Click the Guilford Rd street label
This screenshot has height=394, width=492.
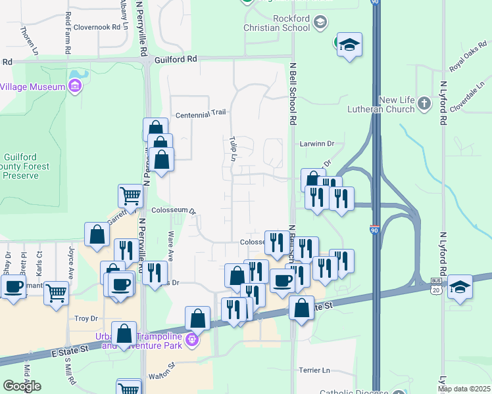(x=176, y=58)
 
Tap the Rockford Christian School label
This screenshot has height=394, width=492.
(x=277, y=23)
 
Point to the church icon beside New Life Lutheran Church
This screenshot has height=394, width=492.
(x=425, y=104)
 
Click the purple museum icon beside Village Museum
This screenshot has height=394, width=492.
(x=74, y=87)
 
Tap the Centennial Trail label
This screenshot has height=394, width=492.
(x=201, y=114)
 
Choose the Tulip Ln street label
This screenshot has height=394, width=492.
(x=233, y=149)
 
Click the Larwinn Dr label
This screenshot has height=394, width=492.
(x=318, y=143)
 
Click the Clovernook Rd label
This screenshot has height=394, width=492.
(x=99, y=28)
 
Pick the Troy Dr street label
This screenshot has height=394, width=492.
(x=86, y=318)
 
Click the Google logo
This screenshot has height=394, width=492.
(x=22, y=386)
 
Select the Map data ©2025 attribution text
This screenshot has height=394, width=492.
(x=464, y=389)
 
